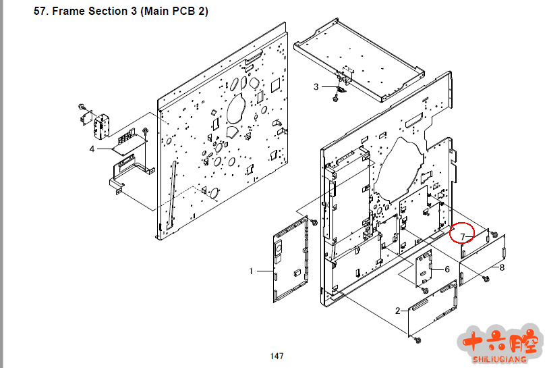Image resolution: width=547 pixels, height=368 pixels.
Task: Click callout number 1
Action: click(x=251, y=271)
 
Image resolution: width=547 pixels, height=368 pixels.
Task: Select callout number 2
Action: click(x=397, y=311)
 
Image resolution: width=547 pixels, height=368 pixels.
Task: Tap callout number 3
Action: click(x=316, y=86)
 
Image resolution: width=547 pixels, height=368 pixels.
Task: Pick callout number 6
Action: click(x=446, y=269)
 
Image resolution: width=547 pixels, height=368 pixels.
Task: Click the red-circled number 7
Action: click(x=463, y=235)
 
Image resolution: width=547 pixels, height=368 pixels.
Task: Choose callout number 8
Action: click(x=502, y=267)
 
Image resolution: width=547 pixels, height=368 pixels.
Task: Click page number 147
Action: click(x=277, y=356)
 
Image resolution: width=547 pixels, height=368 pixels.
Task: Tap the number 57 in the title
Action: click(x=40, y=11)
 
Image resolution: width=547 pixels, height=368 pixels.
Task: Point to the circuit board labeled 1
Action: click(x=291, y=260)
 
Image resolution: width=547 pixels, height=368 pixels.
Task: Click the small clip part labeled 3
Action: click(x=341, y=87)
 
